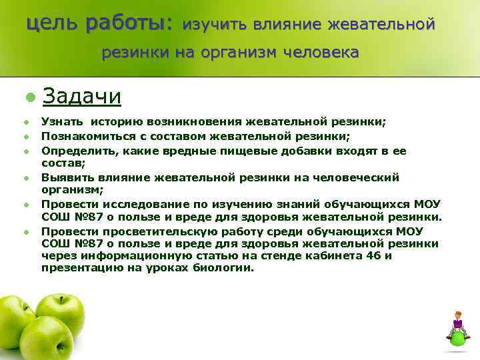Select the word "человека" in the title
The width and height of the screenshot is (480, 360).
[321, 52]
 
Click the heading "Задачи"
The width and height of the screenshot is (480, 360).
[81, 97]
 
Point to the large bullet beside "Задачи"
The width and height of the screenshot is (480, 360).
[29, 97]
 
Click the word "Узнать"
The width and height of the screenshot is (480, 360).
[59, 122]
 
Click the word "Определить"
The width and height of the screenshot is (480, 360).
[71, 151]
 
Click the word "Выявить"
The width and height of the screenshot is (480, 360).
[63, 177]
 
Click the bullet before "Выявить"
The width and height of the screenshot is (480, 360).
[26, 178]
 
